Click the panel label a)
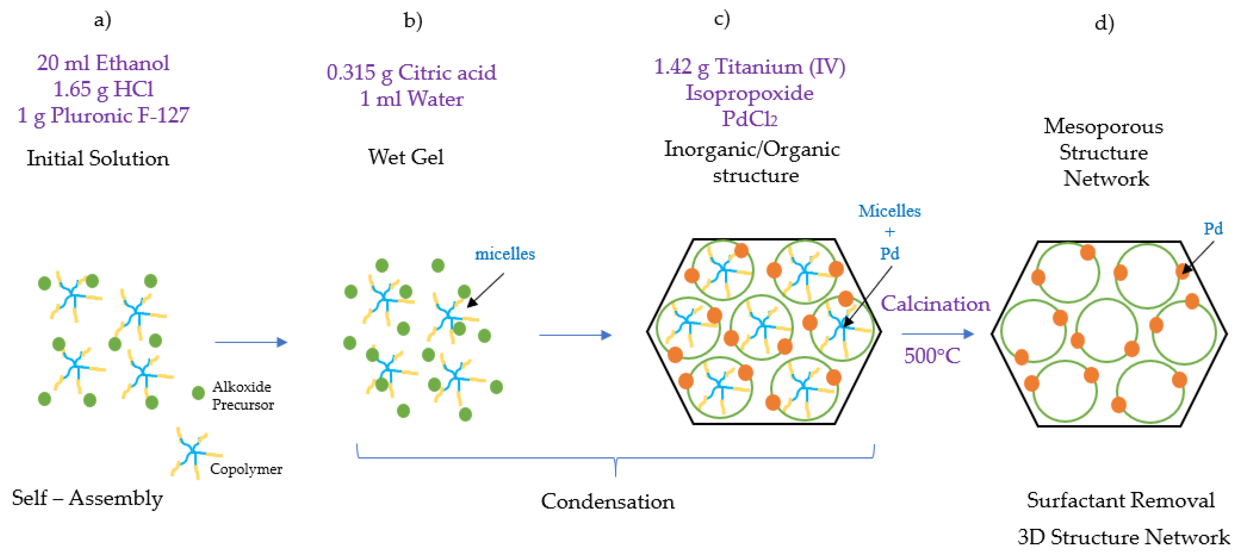(x=102, y=20)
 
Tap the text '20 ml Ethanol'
(x=103, y=63)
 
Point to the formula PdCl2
(x=749, y=119)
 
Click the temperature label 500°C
(x=932, y=356)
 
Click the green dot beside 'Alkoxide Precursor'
(x=198, y=393)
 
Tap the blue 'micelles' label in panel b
(x=505, y=254)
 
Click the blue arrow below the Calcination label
(x=937, y=334)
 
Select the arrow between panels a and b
(x=251, y=342)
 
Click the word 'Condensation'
(x=607, y=502)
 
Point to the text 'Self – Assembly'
(x=88, y=498)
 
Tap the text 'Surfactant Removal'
(x=1121, y=501)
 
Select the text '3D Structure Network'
(x=1123, y=537)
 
